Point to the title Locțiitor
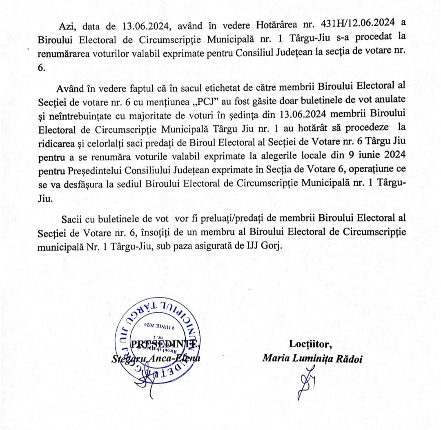click(311, 344)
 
